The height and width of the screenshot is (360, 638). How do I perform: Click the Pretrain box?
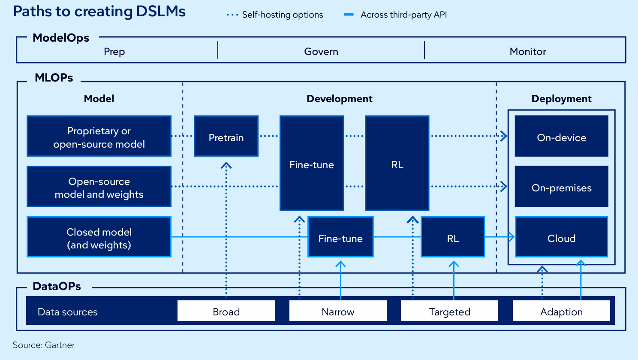click(x=226, y=136)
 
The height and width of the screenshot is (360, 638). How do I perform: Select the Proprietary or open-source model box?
click(x=99, y=136)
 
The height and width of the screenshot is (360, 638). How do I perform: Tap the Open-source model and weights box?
click(x=99, y=186)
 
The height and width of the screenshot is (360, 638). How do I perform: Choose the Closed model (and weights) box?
click(x=99, y=237)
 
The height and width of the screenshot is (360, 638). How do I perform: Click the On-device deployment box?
click(x=561, y=136)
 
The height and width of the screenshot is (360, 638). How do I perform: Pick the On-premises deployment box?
click(x=561, y=186)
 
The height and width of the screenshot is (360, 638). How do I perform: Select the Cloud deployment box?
click(x=561, y=237)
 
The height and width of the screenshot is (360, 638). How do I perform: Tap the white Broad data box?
click(x=226, y=311)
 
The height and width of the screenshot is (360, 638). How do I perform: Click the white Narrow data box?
click(x=338, y=311)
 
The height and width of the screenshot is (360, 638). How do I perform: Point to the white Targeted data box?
click(x=449, y=311)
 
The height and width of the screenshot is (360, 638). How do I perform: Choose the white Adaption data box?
click(x=561, y=311)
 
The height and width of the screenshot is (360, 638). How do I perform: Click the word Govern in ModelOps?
click(x=321, y=51)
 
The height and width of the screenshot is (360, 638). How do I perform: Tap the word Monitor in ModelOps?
click(x=528, y=51)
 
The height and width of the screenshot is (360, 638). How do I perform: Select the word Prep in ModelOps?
click(x=114, y=52)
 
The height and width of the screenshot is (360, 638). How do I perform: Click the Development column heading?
click(x=339, y=99)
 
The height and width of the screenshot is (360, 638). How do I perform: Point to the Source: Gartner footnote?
click(x=44, y=345)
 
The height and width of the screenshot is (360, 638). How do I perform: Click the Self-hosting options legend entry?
click(x=274, y=15)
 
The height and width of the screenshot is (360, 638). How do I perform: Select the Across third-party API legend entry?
click(x=395, y=15)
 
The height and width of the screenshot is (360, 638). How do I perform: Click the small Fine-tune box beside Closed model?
click(x=340, y=237)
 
